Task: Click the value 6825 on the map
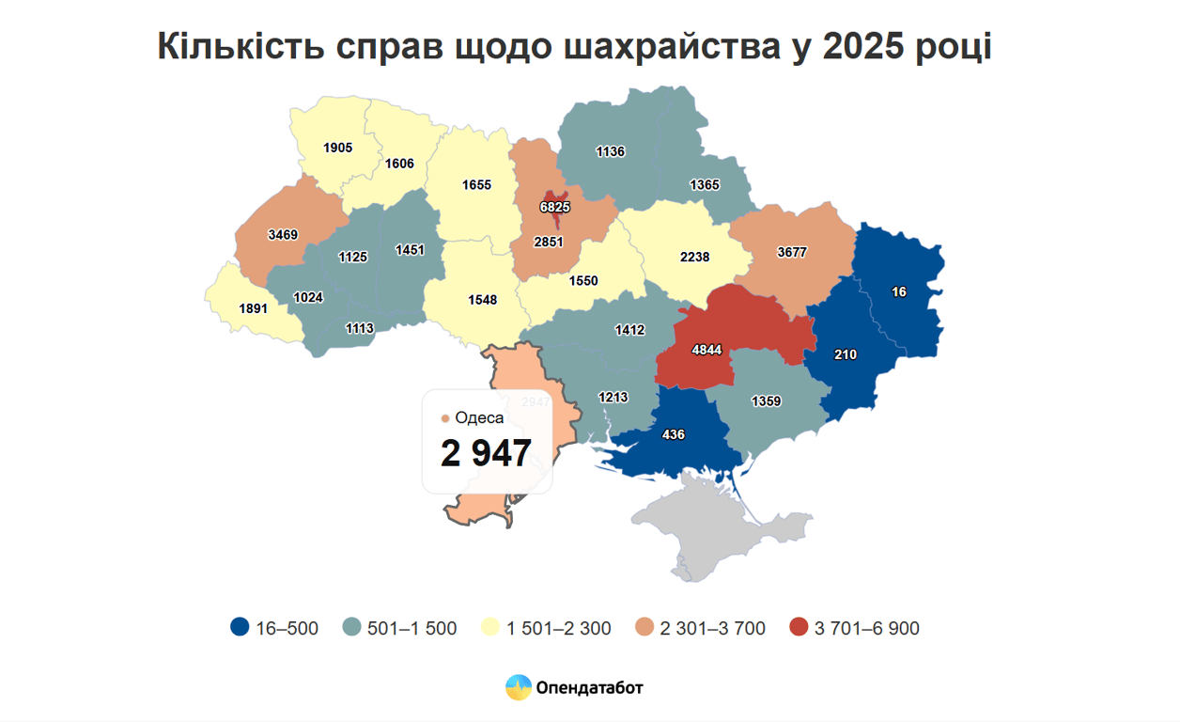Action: point(554,206)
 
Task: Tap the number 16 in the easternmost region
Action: point(899,291)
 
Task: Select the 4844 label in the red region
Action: point(706,350)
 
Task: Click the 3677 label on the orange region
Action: point(792,252)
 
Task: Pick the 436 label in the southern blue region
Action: point(673,434)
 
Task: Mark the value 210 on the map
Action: point(846,354)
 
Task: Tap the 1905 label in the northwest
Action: point(337,148)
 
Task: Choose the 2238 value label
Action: point(694,257)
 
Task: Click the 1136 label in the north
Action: point(610,150)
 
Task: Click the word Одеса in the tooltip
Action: point(479,417)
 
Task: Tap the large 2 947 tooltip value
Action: point(486,453)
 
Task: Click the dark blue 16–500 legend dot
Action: point(240,628)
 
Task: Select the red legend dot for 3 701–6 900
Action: point(799,628)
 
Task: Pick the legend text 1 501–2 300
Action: point(558,628)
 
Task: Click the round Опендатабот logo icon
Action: point(519,688)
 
